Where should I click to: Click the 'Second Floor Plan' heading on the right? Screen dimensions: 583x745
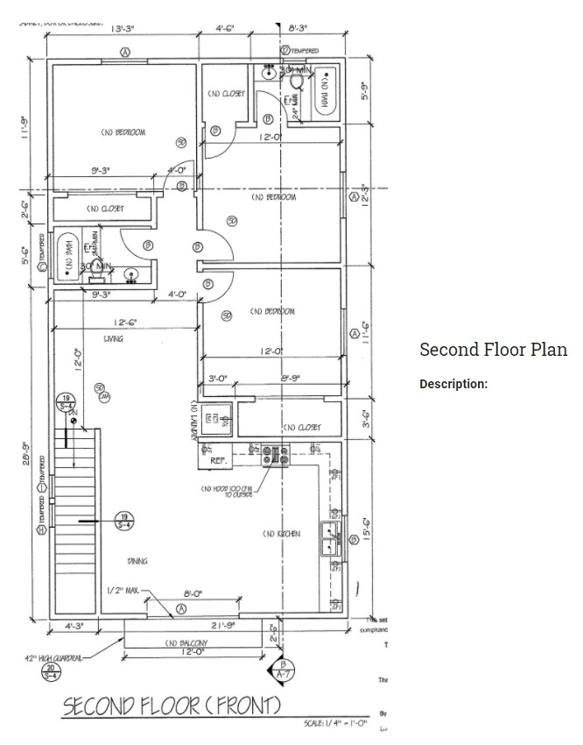[x=493, y=350]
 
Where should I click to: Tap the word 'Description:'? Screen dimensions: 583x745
[x=453, y=384]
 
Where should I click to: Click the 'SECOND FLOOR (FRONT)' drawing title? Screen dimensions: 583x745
[x=172, y=706]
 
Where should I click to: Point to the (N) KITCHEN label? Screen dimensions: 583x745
[x=281, y=534]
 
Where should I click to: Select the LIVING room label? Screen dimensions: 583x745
[x=113, y=338]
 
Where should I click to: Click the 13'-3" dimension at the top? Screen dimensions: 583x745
[x=122, y=29]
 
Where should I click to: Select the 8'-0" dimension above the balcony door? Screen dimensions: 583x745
[x=193, y=593]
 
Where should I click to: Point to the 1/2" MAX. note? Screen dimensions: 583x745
[x=123, y=590]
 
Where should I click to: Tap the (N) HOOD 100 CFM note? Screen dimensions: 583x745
[x=228, y=492]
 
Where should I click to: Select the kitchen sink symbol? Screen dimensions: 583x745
[x=329, y=536]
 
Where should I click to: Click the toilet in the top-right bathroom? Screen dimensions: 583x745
[x=298, y=81]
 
